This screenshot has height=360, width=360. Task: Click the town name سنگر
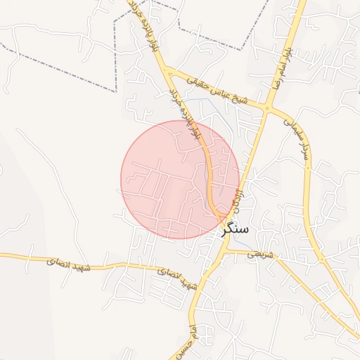point(235,228)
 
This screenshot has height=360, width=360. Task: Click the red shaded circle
point(180,179)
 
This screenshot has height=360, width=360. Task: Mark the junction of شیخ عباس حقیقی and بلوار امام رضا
point(267,108)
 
